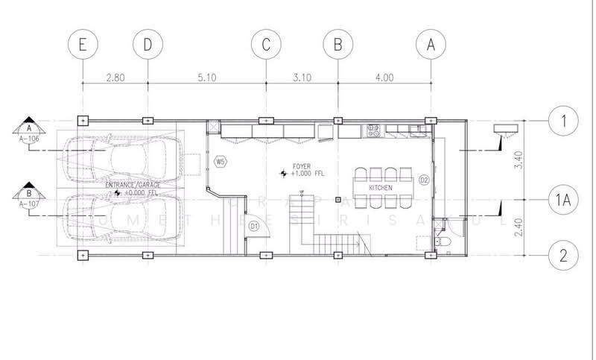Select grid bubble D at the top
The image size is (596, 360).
tap(148, 45)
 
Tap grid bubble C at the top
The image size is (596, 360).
tap(265, 45)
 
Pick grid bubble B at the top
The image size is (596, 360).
tap(337, 45)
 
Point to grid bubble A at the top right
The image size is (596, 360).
tap(430, 45)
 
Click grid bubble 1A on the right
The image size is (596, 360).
tap(563, 200)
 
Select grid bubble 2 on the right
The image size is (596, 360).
tap(563, 255)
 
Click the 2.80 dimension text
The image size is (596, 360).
tap(115, 76)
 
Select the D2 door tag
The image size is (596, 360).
tap(423, 180)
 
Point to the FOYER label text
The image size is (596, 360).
tap(302, 165)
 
